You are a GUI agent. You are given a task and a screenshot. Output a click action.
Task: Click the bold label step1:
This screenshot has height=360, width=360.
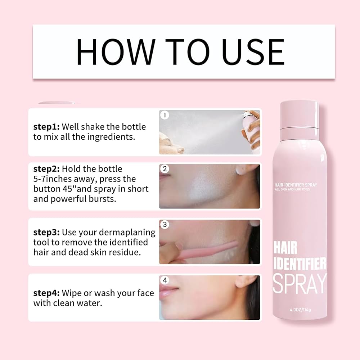(x=46, y=127)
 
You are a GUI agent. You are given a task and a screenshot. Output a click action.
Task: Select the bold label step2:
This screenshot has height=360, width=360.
(x=47, y=169)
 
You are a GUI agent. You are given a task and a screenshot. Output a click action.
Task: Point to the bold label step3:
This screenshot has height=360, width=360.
(x=47, y=232)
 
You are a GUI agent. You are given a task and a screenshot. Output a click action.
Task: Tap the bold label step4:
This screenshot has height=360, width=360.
(x=47, y=293)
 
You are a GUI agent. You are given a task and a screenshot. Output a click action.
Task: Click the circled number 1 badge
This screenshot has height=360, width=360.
(x=165, y=115)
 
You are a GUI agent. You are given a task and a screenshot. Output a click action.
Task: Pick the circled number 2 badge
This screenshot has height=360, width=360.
(x=165, y=168)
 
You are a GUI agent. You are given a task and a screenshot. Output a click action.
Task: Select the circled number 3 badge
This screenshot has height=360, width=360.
(x=165, y=225)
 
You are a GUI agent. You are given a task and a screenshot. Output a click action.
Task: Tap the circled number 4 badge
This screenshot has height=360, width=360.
(x=165, y=280)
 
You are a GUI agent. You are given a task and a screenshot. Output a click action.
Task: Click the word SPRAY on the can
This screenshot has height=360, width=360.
(x=300, y=284)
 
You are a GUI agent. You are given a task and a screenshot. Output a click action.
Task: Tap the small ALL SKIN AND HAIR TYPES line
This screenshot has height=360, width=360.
(x=292, y=189)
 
